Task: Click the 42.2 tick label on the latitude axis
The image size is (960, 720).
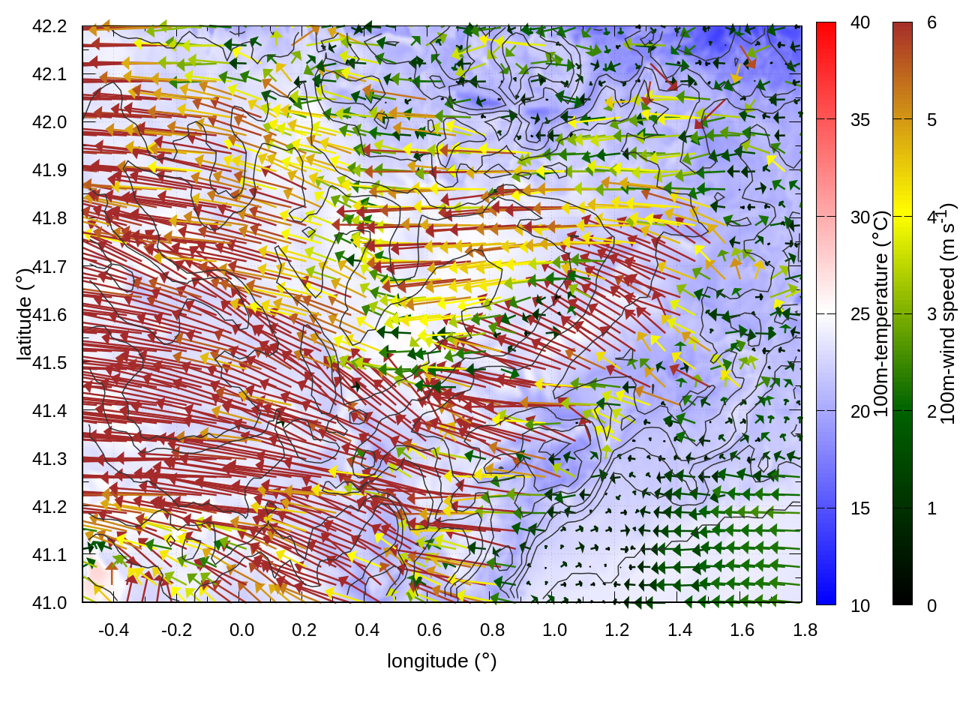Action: tap(49, 26)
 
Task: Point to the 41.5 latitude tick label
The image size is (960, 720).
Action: tap(49, 363)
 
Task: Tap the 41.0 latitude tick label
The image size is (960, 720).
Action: tap(49, 603)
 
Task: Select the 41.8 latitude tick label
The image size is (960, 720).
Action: tap(49, 218)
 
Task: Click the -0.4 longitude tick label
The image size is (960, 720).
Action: tap(113, 630)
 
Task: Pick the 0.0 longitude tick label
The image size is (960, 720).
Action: tap(241, 630)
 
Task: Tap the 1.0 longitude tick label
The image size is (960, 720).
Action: tap(554, 630)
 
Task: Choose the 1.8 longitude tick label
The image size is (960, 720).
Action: tap(805, 630)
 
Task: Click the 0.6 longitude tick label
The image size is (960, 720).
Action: tap(429, 630)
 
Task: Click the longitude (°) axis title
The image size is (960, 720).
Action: tap(442, 661)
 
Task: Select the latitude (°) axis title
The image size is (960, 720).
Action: tap(24, 314)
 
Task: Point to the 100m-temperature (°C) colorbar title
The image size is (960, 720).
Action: tap(881, 313)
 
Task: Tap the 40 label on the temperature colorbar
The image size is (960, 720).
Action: tap(860, 23)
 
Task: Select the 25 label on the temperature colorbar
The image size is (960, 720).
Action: tap(860, 314)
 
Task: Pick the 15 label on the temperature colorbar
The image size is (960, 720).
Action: tap(860, 508)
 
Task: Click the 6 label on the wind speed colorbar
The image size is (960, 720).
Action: tap(931, 23)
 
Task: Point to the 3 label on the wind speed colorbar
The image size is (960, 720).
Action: tap(931, 314)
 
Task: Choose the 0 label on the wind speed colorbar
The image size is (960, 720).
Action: tap(931, 605)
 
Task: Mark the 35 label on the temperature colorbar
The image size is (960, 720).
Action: tap(860, 120)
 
